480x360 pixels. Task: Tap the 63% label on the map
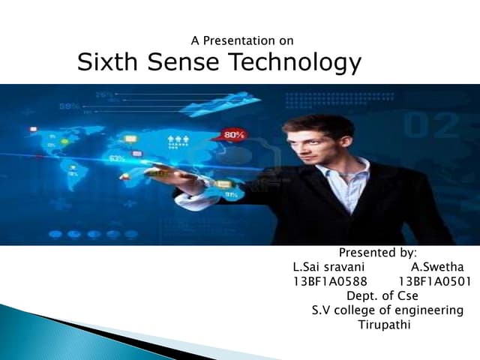tap(117, 159)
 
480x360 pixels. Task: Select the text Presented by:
tap(377, 253)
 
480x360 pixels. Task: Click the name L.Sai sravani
tap(328, 267)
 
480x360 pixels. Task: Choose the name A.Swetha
tap(437, 267)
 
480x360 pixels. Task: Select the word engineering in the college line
tap(427, 310)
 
